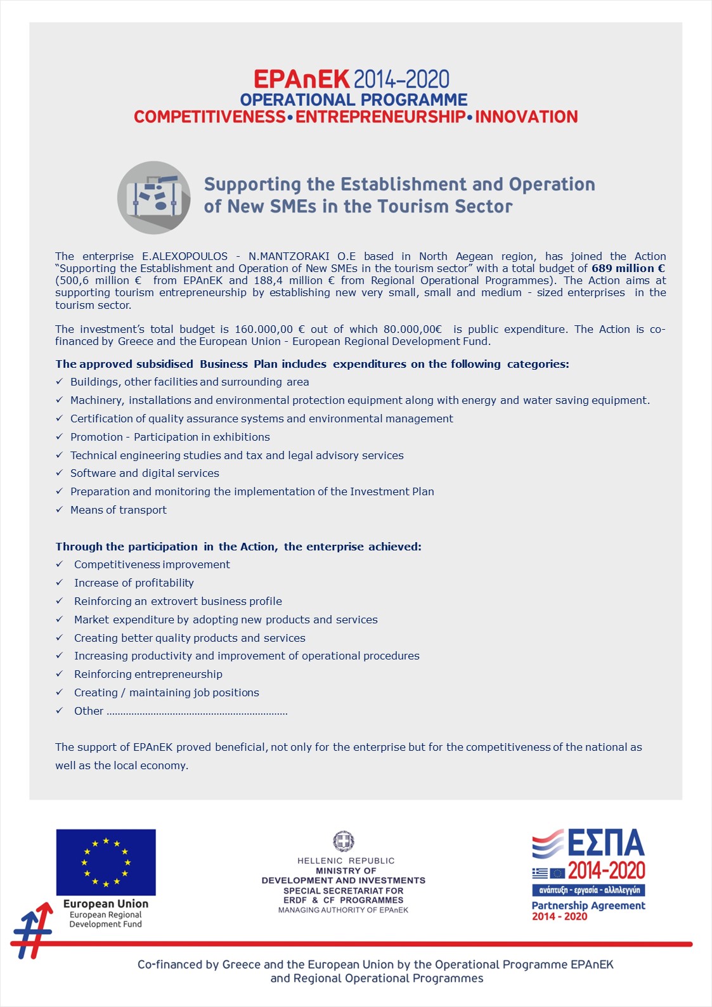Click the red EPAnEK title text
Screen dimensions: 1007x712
(301, 79)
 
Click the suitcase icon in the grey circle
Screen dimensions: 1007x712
(154, 197)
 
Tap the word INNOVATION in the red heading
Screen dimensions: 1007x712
(526, 117)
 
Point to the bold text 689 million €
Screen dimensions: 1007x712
(628, 268)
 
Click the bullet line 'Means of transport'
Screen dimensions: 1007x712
(119, 510)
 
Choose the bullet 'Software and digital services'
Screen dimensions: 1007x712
(145, 473)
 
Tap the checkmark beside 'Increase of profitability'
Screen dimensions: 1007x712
(59, 582)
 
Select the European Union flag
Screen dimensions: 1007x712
(106, 862)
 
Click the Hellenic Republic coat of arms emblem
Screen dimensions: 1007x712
(344, 841)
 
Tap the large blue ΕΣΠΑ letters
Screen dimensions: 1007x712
(605, 843)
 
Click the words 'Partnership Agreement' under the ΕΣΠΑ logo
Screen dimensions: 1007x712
(588, 906)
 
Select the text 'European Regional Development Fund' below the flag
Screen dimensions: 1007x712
(106, 919)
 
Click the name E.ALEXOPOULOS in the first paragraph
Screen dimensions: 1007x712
(184, 256)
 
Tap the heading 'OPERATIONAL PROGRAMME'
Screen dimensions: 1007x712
(354, 100)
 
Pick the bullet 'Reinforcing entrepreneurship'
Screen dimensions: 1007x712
(148, 674)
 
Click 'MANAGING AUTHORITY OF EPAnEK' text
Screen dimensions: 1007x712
(343, 910)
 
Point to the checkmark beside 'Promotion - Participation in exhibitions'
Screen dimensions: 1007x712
(59, 436)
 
